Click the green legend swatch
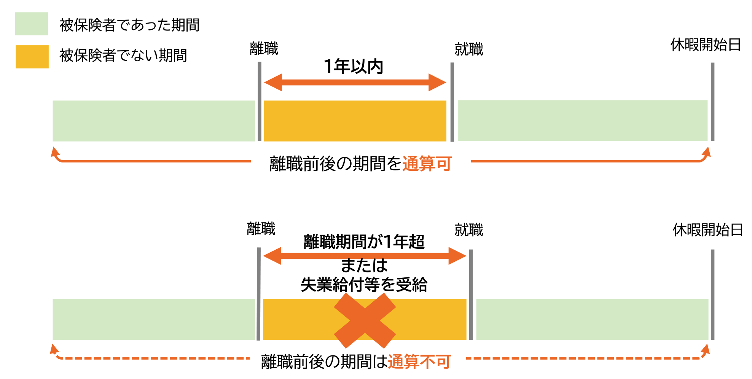coord(32,24)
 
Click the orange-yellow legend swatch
coord(32,57)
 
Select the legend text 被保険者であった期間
coord(129,25)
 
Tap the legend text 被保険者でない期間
coord(123,56)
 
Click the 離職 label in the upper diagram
coord(264,49)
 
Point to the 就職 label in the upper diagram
coord(468,49)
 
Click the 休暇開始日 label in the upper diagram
coord(705,45)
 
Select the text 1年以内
coord(353,67)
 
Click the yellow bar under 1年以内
coord(355,121)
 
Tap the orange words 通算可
coord(427,164)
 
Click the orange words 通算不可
coord(419,361)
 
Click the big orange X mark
coord(365,320)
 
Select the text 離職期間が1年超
coord(364,242)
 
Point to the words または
coord(364,265)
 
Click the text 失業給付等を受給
coord(364,285)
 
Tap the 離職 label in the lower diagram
coord(261,229)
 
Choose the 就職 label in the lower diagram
coord(468,230)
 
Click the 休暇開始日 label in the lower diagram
coord(707,230)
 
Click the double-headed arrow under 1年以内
coord(355,82)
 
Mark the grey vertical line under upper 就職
coord(452,102)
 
